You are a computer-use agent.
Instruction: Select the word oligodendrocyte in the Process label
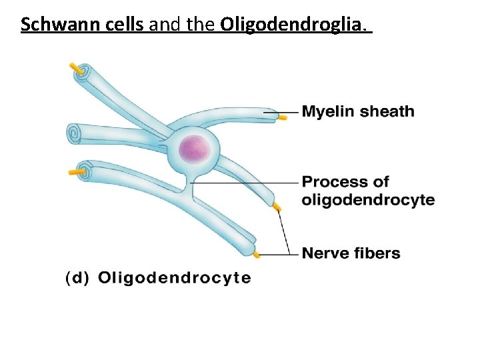click(368, 200)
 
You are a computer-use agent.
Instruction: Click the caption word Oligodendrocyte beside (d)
click(175, 278)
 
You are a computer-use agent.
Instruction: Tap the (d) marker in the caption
click(77, 279)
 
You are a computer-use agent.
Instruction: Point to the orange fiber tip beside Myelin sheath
click(283, 116)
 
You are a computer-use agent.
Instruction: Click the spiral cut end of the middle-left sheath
click(74, 133)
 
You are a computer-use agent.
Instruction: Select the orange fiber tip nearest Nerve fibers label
click(257, 254)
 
